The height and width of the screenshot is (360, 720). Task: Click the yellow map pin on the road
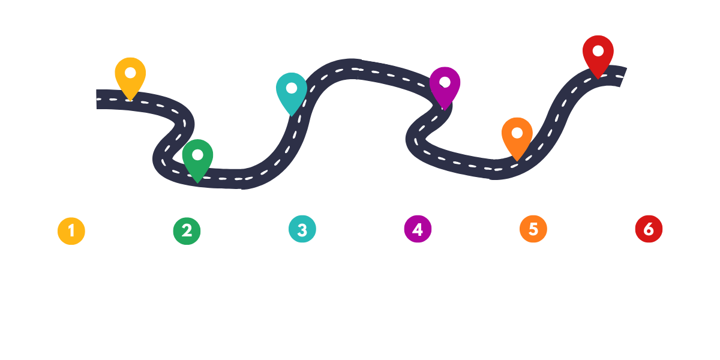point(130,76)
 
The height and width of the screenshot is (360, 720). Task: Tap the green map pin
point(197,158)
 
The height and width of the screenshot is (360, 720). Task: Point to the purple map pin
point(445,85)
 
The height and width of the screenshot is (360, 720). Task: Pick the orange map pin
point(517,136)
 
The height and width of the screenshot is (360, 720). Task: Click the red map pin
point(598,53)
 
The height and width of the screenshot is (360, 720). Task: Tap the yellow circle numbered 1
point(71,230)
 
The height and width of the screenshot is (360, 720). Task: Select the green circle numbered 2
point(187,230)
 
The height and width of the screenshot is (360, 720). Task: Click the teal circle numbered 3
point(302,230)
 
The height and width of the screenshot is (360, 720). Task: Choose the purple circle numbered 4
point(418,230)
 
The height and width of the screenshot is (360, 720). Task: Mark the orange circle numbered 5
point(533,229)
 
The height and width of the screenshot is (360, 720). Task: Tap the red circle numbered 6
point(649,229)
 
